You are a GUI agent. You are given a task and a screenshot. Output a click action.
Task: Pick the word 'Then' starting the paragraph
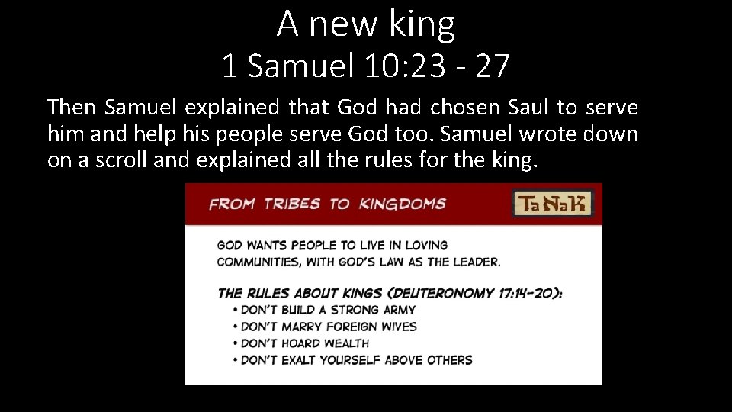coord(72,108)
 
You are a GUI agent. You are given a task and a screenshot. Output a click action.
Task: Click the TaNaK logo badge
coord(553,204)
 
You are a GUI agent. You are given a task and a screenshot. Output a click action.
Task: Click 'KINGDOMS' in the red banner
coord(402,204)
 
